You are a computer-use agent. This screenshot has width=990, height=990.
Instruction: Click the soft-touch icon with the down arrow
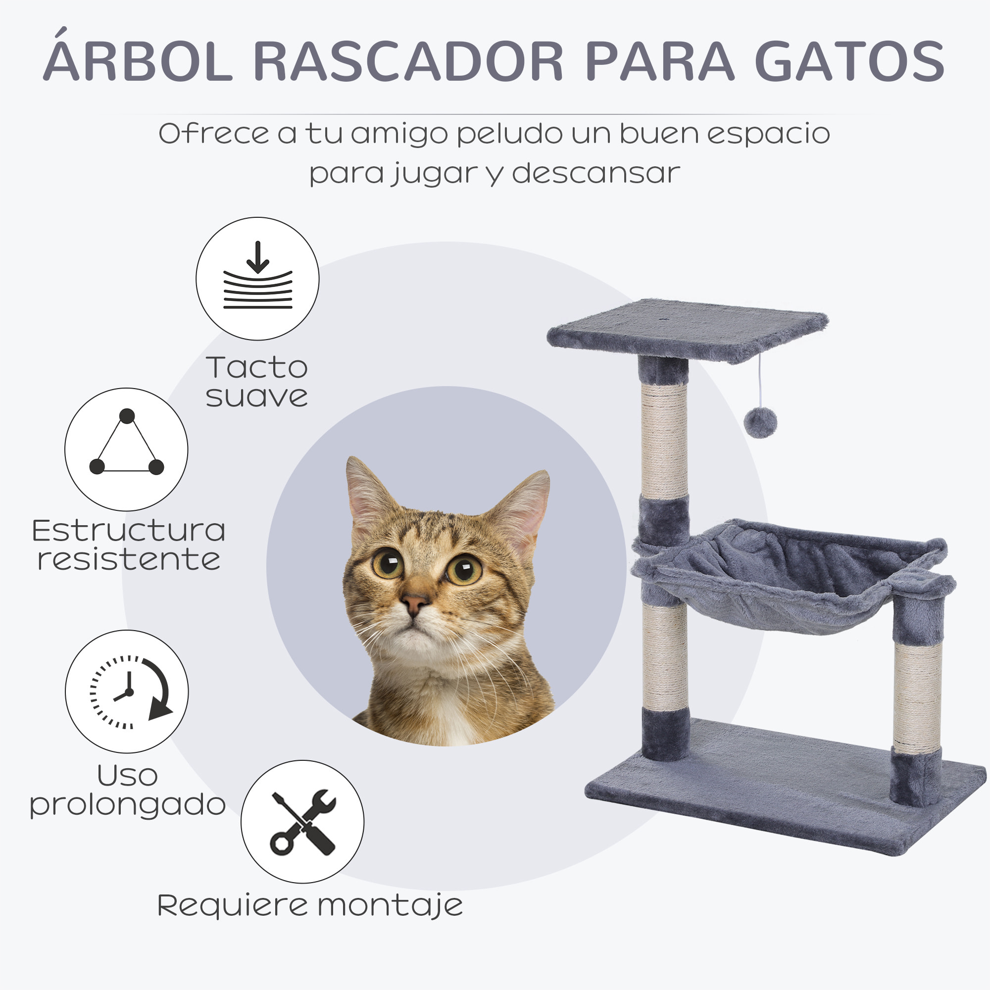[x=257, y=278]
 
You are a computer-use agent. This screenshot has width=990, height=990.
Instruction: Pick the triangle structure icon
[x=126, y=449]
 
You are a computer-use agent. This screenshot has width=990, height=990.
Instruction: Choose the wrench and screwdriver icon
[x=302, y=821]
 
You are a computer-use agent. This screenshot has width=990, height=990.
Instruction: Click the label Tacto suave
[x=257, y=382]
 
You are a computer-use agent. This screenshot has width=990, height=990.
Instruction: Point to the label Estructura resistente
[x=128, y=544]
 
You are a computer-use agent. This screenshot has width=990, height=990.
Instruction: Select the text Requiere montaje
[x=309, y=906]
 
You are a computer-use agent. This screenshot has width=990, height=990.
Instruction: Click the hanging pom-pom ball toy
[x=760, y=422]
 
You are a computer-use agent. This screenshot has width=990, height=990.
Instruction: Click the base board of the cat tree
[x=784, y=799]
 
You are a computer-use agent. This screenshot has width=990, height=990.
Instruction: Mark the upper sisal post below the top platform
[x=664, y=441]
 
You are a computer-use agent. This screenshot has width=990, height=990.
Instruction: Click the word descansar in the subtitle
[x=595, y=173]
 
